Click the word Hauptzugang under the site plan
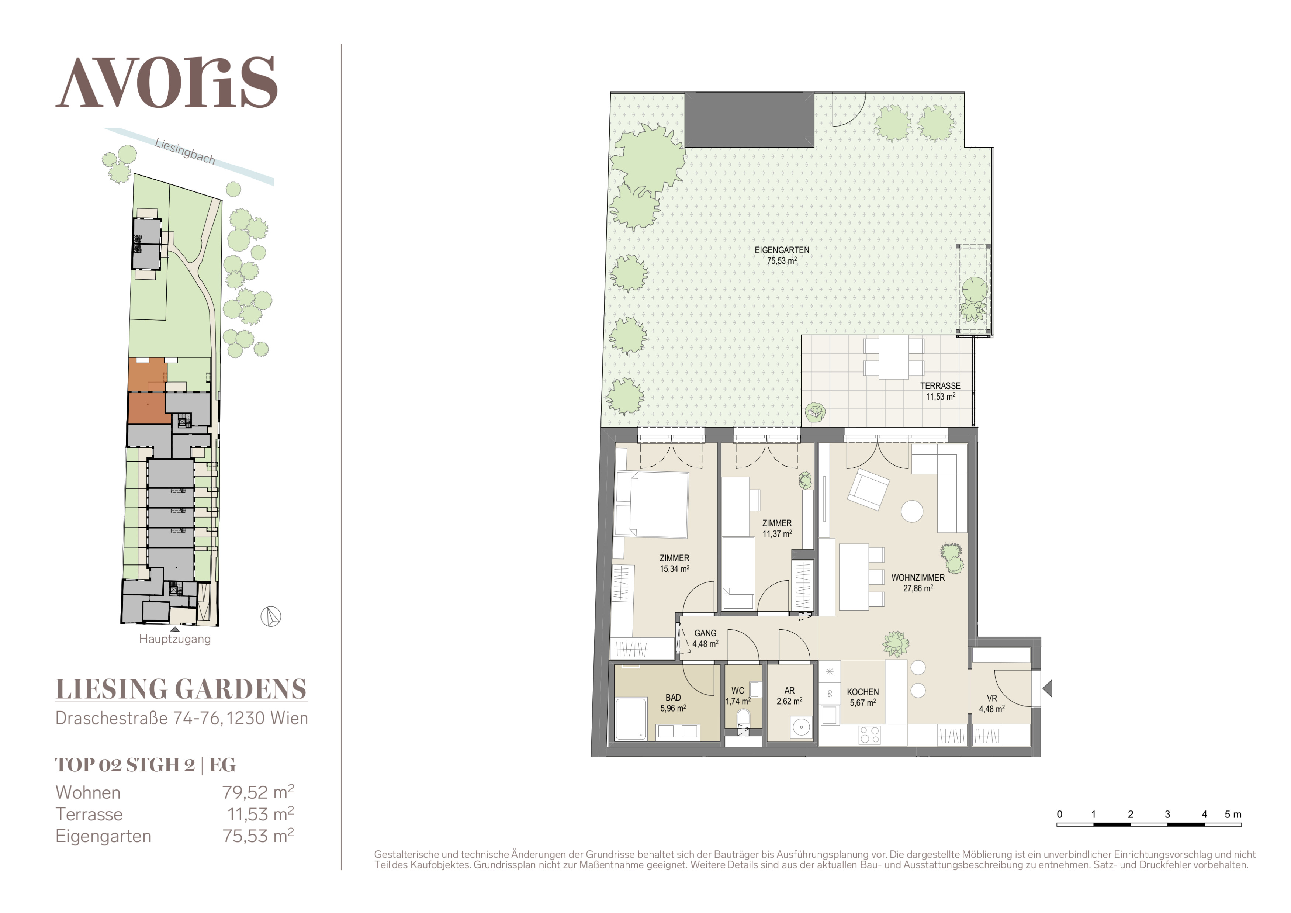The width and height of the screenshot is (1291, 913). tap(175, 639)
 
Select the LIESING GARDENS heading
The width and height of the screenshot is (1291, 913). tap(181, 689)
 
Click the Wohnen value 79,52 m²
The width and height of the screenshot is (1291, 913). tap(258, 792)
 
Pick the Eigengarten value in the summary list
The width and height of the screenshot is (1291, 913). tap(258, 836)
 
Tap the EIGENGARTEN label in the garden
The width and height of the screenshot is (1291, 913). tap(782, 250)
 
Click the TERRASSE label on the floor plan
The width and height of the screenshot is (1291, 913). tap(940, 385)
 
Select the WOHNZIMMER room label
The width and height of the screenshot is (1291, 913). tap(918, 577)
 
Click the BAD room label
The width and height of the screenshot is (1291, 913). tap(673, 698)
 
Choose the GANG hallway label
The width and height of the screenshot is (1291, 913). tap(705, 633)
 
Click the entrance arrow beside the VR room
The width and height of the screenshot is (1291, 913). tap(1047, 688)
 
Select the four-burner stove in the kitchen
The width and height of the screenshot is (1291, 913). tap(869, 735)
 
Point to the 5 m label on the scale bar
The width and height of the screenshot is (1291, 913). tap(1233, 814)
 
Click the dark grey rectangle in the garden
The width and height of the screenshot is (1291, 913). tap(750, 120)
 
